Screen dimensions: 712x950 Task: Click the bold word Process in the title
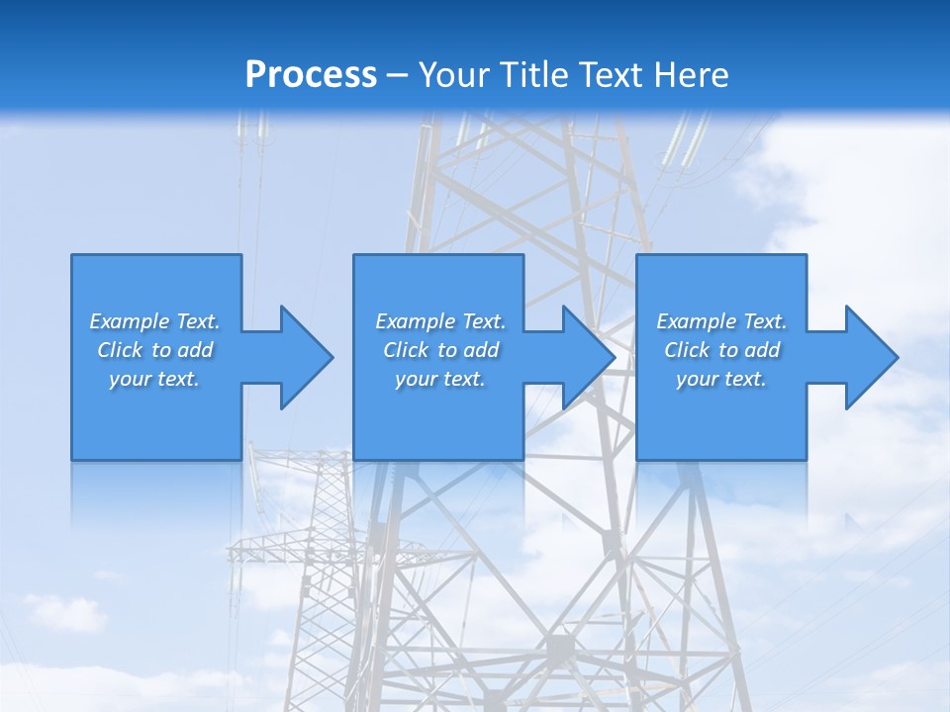(x=311, y=75)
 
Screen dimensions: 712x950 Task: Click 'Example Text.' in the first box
(x=154, y=321)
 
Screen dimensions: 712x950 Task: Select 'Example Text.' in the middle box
(x=440, y=321)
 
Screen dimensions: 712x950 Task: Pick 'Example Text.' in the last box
(x=721, y=321)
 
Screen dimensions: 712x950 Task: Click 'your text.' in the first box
(x=154, y=379)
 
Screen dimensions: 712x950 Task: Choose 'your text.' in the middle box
(x=440, y=379)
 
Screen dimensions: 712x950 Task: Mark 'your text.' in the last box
(x=721, y=379)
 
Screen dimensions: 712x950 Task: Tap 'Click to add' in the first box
(x=154, y=350)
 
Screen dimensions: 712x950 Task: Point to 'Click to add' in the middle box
(x=440, y=350)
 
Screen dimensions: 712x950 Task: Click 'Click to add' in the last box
(x=721, y=350)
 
